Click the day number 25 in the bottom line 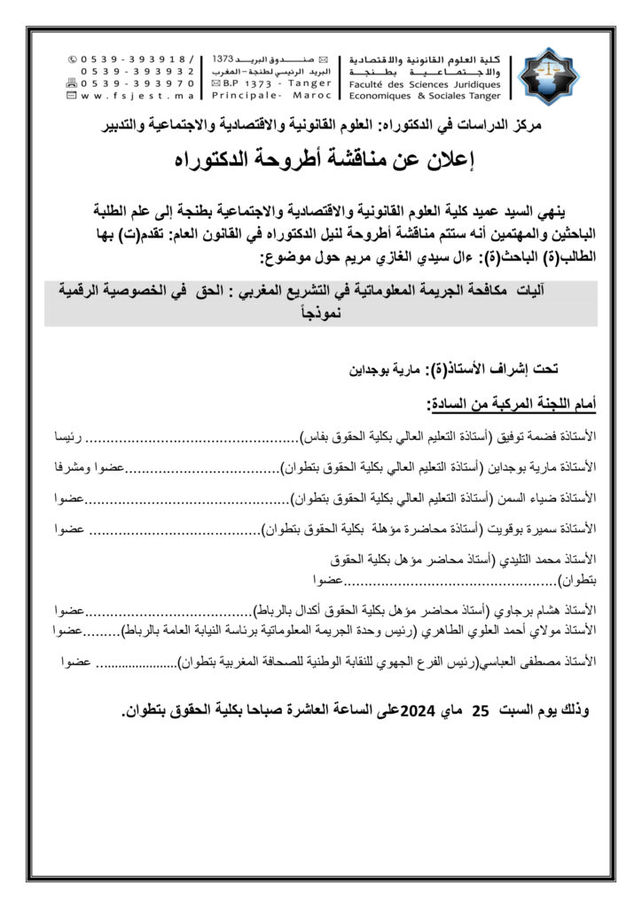tap(480, 711)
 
